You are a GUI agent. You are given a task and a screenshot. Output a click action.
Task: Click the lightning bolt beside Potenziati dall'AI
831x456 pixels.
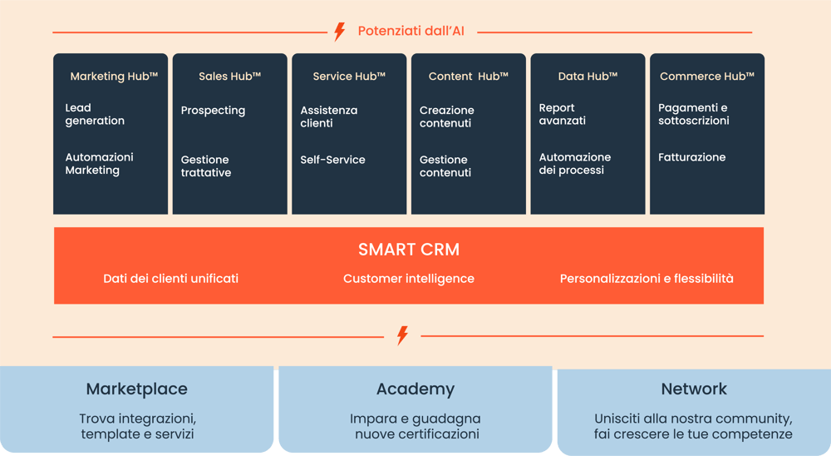coord(339,32)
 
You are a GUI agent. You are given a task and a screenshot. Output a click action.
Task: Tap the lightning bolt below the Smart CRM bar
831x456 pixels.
coord(402,335)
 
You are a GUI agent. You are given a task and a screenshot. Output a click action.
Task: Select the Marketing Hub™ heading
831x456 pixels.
coord(114,77)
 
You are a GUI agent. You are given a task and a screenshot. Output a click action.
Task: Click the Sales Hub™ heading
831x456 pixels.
coord(230,77)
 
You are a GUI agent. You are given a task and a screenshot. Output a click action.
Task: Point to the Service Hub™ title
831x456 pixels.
coord(349,77)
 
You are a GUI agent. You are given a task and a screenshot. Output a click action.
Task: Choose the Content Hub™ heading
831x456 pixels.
coord(469,77)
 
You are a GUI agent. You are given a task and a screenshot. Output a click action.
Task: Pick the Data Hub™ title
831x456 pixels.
coord(588,77)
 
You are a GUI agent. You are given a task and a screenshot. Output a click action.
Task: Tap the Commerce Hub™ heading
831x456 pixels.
coord(707,77)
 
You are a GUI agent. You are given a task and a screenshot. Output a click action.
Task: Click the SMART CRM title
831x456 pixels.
coord(409,250)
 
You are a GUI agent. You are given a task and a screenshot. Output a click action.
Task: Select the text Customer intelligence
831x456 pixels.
coord(409,279)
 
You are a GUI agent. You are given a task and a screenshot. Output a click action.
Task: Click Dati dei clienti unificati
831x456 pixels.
coord(170,279)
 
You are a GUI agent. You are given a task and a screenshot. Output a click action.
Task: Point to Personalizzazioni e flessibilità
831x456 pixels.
coord(647,279)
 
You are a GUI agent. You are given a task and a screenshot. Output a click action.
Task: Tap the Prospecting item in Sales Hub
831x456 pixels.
coord(213,111)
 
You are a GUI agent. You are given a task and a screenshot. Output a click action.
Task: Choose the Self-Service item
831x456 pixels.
coord(332,160)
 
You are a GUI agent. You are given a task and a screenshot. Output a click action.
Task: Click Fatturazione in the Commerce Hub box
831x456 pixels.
coord(691,157)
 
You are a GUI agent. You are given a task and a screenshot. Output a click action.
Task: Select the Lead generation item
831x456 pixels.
coord(95,114)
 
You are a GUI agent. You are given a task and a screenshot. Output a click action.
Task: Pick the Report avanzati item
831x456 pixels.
coord(563,114)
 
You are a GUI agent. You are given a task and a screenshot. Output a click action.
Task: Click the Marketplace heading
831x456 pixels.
coord(136,389)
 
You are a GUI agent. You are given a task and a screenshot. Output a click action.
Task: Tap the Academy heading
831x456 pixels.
coord(415,389)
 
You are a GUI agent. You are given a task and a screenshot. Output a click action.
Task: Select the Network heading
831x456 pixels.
coord(694,389)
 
